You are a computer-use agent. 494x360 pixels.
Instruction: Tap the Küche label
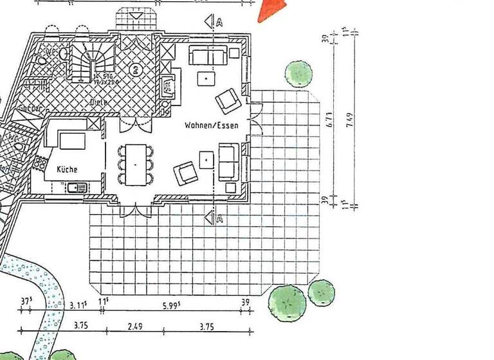67,169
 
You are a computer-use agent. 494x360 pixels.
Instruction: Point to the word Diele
98,102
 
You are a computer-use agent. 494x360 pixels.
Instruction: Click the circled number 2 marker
135,69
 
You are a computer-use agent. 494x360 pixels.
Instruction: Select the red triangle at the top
272,9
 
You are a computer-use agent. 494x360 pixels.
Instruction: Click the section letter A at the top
220,22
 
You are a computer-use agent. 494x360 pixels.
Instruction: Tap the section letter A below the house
220,220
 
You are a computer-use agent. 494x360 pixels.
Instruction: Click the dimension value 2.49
134,327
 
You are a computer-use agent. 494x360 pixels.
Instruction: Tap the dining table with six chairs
136,164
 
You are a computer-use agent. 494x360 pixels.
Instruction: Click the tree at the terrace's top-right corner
299,73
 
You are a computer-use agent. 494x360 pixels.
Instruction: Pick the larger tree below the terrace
287,300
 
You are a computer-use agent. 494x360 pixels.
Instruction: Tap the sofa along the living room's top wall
208,56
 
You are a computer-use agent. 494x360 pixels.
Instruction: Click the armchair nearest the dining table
185,172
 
